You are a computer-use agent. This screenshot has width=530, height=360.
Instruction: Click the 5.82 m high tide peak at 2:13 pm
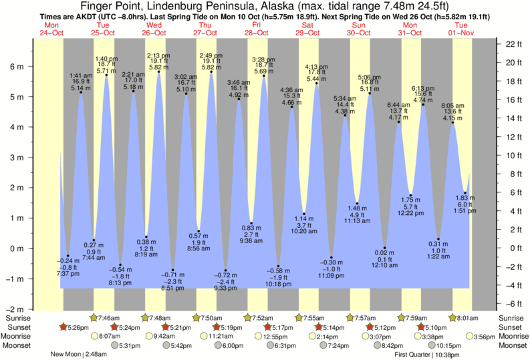(159, 71)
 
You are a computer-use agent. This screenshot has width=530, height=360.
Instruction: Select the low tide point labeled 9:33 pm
(225, 270)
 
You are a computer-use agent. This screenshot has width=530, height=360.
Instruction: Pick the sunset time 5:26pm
(77, 327)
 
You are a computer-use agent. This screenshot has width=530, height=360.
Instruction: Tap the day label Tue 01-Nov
(461, 29)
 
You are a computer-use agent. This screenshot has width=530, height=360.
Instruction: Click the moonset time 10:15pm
(448, 345)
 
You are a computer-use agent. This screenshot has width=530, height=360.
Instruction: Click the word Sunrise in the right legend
(512, 318)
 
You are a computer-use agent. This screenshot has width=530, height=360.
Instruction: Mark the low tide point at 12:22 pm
(411, 196)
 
